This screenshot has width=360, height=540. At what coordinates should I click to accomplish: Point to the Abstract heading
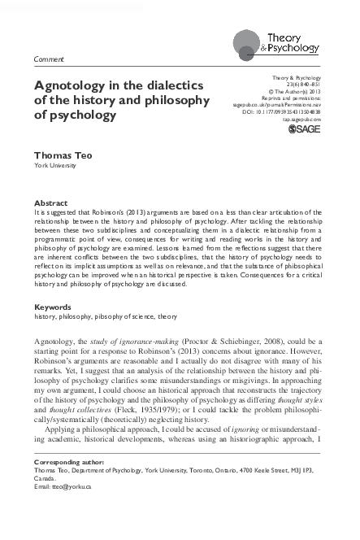50,202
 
